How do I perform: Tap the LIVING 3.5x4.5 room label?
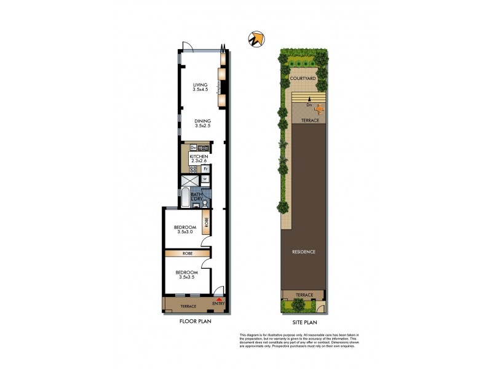(200, 88)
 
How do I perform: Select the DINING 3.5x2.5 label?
(202, 124)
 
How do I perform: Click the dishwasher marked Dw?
(193, 148)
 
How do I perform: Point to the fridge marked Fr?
(206, 169)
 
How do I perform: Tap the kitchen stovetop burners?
(192, 169)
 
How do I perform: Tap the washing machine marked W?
(205, 180)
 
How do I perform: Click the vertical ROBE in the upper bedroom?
(207, 223)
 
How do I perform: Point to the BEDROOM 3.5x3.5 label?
(186, 275)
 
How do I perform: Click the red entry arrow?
(219, 298)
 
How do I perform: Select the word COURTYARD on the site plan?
(303, 79)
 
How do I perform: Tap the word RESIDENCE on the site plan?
(304, 252)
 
